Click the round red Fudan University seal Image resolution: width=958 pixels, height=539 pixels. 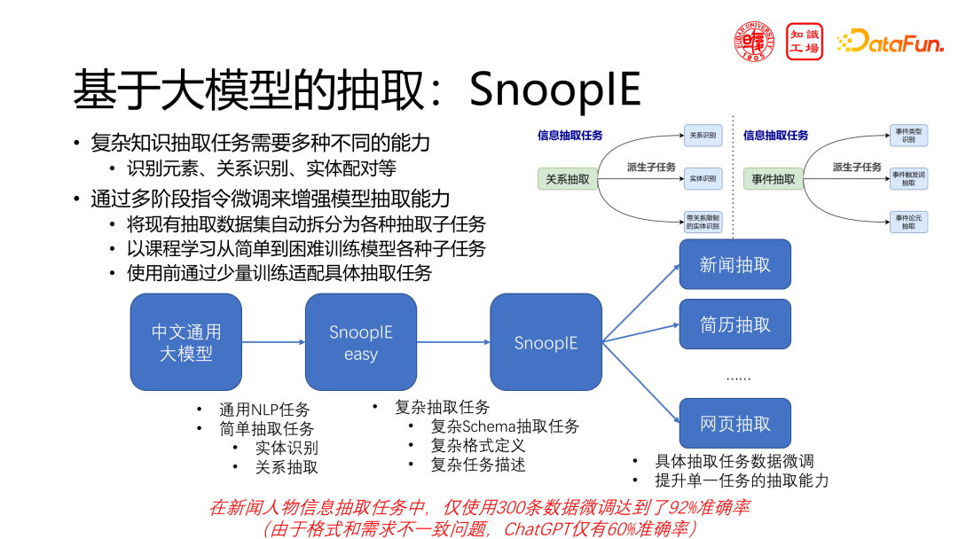tap(754, 41)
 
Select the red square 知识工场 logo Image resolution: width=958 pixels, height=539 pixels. tap(805, 41)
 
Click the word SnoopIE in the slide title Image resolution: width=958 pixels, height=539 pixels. tap(554, 90)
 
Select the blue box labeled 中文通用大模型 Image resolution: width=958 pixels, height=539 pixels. tap(186, 342)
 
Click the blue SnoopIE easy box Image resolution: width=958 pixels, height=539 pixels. tap(361, 342)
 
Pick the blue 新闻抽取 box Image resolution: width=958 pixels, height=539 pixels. tap(734, 264)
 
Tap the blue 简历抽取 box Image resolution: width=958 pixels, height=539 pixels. tap(734, 324)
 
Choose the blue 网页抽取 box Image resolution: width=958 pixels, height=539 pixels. tap(734, 424)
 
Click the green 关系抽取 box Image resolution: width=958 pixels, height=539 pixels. tap(569, 179)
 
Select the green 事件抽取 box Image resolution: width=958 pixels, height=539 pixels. tap(773, 179)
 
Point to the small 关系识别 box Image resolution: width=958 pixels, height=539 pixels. tap(703, 137)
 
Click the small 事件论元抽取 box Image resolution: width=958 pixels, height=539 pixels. tap(908, 222)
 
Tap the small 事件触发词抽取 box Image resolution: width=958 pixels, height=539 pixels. tap(908, 178)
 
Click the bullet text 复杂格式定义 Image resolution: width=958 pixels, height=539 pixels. tap(477, 445)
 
